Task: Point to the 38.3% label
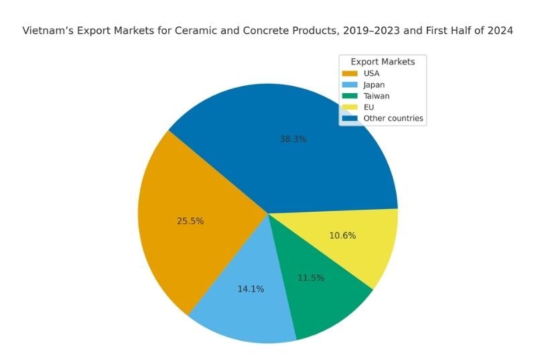[x=293, y=139]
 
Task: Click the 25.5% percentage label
[x=190, y=221]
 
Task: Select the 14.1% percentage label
[x=251, y=289]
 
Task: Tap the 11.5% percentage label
[x=311, y=278]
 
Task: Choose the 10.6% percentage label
[x=342, y=235]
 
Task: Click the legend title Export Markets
[x=383, y=62]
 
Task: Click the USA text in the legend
[x=371, y=73]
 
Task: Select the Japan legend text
[x=374, y=84]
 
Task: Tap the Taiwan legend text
[x=375, y=96]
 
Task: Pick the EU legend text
[x=368, y=107]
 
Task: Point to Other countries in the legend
[x=393, y=119]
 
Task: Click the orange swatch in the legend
[x=350, y=73]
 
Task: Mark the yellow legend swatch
[x=350, y=107]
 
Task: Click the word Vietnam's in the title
[x=46, y=31]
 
